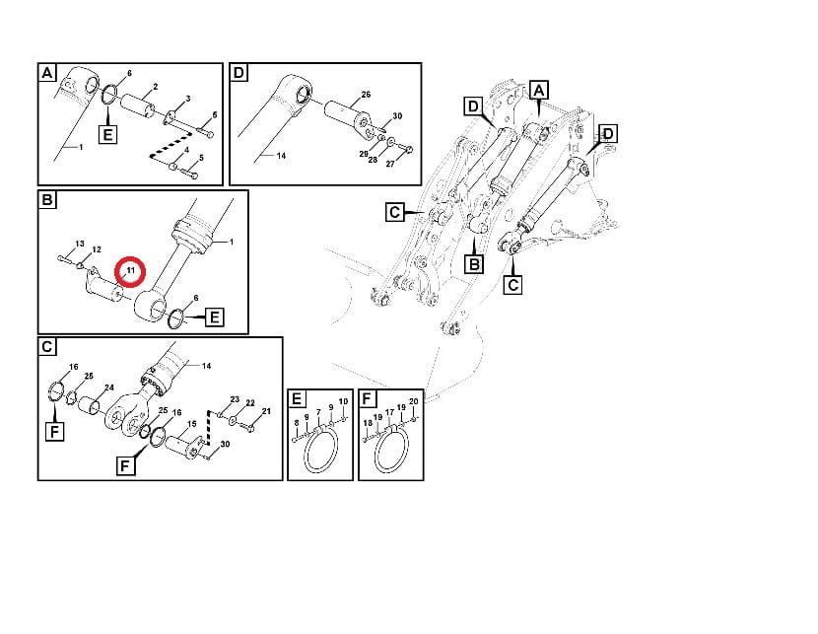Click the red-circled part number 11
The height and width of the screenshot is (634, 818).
click(130, 270)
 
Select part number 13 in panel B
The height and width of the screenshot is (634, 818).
click(79, 244)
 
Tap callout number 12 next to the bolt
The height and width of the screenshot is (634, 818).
click(97, 249)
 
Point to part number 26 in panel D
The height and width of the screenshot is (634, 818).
click(366, 95)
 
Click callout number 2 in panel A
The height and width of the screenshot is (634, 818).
click(156, 87)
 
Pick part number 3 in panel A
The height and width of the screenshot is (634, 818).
click(188, 98)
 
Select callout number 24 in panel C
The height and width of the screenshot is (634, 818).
click(109, 387)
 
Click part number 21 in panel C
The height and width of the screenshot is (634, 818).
click(266, 411)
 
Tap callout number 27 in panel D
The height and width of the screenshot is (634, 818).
click(390, 164)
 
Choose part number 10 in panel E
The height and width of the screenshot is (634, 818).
click(343, 401)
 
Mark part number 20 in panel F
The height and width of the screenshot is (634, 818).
click(414, 401)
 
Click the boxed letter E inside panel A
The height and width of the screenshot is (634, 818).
click(107, 135)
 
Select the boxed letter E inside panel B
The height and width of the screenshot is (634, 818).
click(215, 317)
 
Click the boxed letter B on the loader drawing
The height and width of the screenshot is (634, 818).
click(474, 264)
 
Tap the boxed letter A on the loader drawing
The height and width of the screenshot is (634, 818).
click(539, 91)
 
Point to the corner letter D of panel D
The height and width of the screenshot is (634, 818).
click(238, 72)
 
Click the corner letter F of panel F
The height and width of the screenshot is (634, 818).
click(367, 398)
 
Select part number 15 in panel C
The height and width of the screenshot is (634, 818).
click(191, 424)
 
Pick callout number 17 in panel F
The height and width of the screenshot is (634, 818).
click(389, 413)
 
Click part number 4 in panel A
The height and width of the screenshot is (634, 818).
click(185, 150)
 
